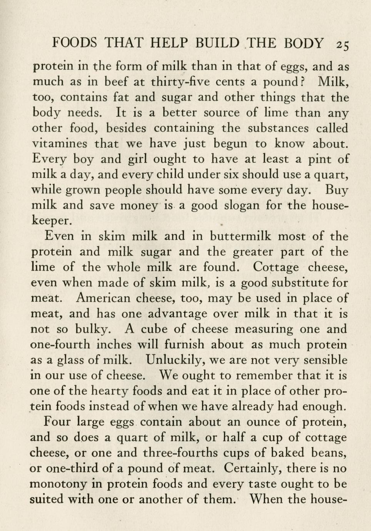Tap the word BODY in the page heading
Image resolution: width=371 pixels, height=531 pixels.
[x=304, y=43]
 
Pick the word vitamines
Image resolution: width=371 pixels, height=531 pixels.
[x=60, y=144]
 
